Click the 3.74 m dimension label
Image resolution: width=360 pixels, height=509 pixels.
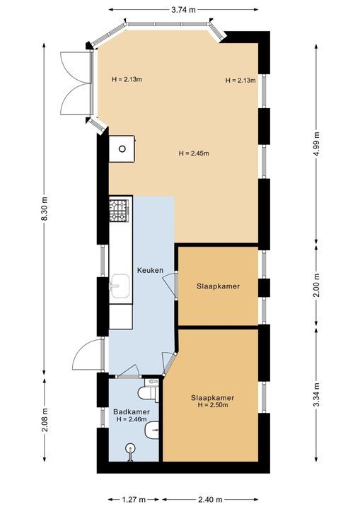(183, 10)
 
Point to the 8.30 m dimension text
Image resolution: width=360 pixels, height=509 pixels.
(45, 209)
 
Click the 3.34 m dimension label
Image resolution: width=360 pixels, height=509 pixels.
(315, 394)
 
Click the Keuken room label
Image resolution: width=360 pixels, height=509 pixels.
(150, 270)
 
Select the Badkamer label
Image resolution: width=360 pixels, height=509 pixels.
(131, 411)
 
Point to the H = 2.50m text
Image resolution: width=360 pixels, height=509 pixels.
(212, 405)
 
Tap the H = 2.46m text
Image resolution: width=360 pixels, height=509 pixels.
(132, 419)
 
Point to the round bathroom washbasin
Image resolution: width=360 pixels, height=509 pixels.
(131, 447)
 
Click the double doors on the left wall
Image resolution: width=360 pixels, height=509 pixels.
(77, 83)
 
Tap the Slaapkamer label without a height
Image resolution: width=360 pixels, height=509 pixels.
(218, 286)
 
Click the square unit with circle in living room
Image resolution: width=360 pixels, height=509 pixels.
(123, 148)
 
